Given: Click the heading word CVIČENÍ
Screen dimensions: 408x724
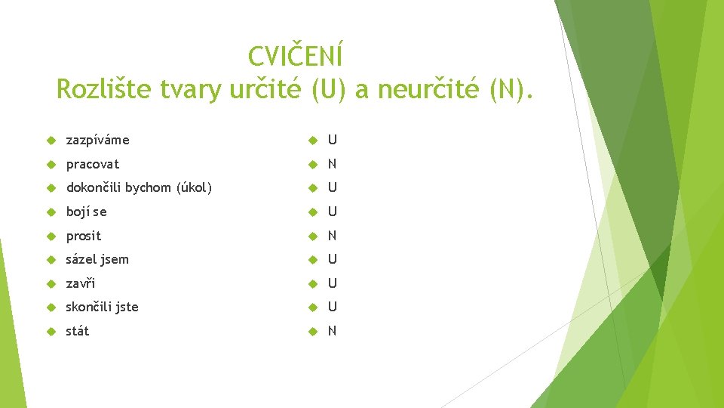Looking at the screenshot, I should coord(296,56).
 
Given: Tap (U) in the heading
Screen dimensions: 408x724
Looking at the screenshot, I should coord(327,90).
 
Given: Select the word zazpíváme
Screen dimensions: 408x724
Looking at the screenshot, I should coord(97,141).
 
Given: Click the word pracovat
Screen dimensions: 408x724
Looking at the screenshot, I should coord(92,164).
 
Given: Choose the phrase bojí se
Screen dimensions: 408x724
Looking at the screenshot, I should coord(86,212).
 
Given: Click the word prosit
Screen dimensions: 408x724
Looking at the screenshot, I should coord(83,236).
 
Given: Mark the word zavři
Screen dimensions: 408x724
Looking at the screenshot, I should coord(81,283).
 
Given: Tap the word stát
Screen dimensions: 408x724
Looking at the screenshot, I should coord(77,331).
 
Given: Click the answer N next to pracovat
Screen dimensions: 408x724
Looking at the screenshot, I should coord(332,164).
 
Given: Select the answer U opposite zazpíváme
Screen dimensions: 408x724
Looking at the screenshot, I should coord(332,141).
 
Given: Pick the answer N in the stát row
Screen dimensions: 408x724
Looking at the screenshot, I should coord(332,331).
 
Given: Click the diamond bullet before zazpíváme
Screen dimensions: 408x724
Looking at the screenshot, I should coord(51,141).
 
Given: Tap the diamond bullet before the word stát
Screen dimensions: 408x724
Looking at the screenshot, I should coord(51,331).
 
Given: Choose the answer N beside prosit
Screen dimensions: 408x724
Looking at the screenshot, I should coord(332,236).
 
